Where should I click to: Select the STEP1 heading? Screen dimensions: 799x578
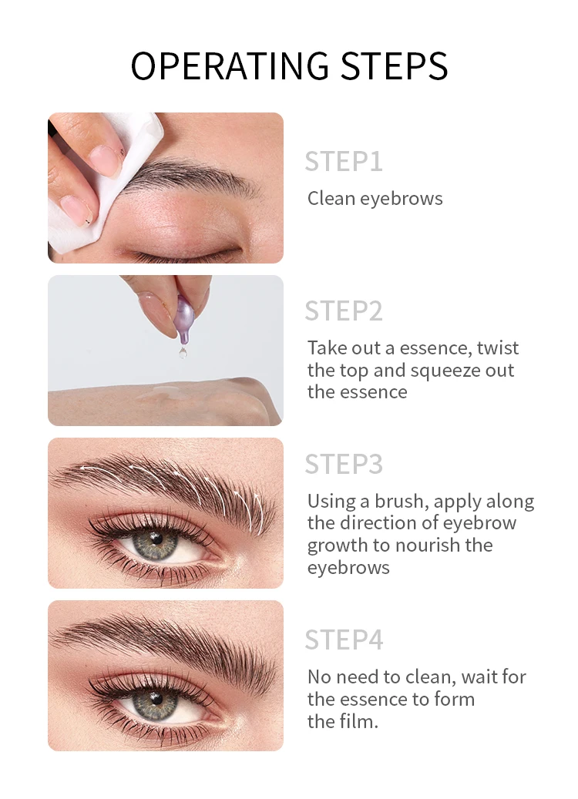pos(343,162)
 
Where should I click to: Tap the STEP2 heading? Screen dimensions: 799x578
pos(343,311)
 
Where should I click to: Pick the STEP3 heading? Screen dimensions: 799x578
pos(343,465)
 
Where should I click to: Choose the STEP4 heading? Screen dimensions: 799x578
pos(343,640)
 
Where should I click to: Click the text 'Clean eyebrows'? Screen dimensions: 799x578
pos(375,199)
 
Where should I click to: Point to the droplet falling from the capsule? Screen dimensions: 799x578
pos(183,352)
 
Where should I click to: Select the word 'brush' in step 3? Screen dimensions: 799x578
pos(401,502)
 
